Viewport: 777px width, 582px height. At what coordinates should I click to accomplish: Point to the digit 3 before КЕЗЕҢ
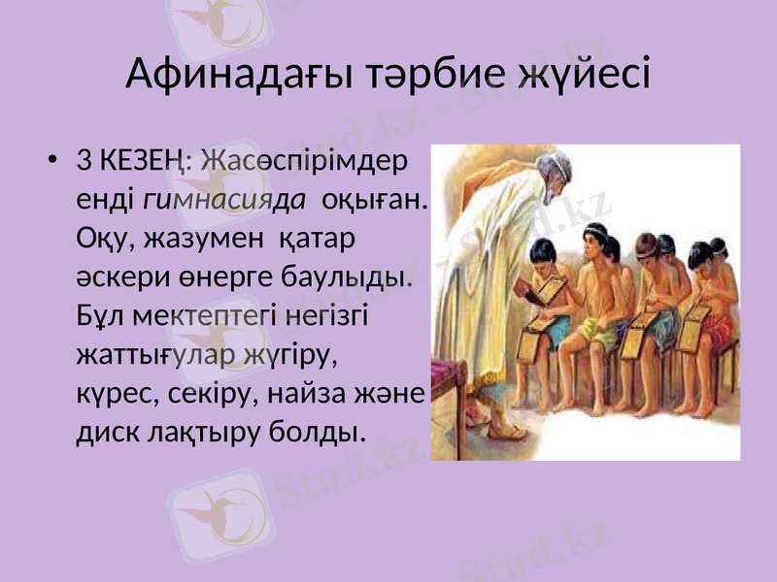[83, 159]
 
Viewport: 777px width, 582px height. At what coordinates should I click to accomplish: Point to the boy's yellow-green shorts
[594, 336]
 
